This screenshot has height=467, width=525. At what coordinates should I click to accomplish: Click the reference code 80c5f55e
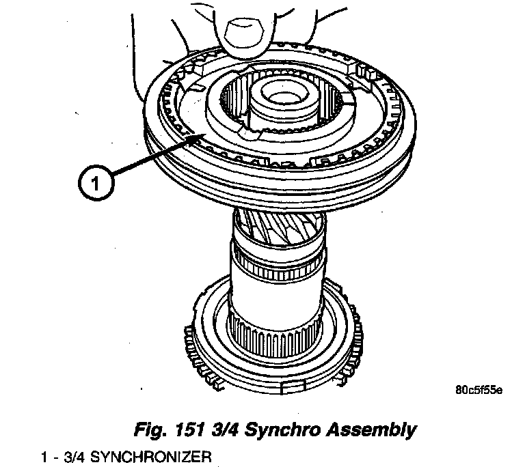(x=478, y=391)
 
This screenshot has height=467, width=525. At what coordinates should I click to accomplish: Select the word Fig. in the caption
(x=150, y=430)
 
